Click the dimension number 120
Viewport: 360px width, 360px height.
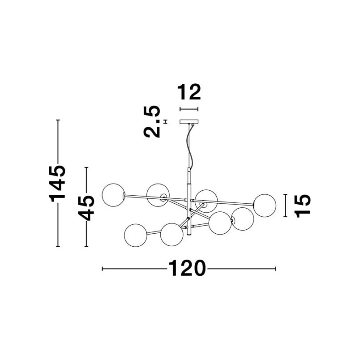pyautogui.click(x=187, y=268)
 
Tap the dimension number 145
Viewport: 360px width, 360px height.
pyautogui.click(x=57, y=184)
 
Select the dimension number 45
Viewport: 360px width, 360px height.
pyautogui.click(x=86, y=208)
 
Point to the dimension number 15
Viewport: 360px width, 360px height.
pyautogui.click(x=302, y=206)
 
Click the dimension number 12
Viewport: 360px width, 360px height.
pyautogui.click(x=189, y=92)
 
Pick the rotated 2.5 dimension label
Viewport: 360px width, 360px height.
pyautogui.click(x=151, y=121)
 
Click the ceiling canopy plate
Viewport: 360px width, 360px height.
pyautogui.click(x=189, y=122)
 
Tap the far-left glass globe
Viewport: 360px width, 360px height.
pyautogui.click(x=113, y=195)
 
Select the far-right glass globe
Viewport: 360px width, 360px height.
pyautogui.click(x=265, y=206)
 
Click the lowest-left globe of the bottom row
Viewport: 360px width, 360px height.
pyautogui.click(x=136, y=236)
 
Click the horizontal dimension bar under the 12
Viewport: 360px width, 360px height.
pyautogui.click(x=189, y=109)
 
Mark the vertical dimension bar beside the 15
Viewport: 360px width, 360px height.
pyautogui.click(x=285, y=206)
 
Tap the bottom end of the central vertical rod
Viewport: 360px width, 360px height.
pyautogui.click(x=189, y=235)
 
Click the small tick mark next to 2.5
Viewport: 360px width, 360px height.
pyautogui.click(x=165, y=121)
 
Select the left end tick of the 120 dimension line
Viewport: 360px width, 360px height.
pyautogui.click(x=103, y=269)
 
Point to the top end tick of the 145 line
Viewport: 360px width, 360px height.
pyautogui.click(x=58, y=120)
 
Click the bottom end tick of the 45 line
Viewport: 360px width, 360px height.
pyautogui.click(x=86, y=247)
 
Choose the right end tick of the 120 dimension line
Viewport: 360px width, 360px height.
pyautogui.click(x=275, y=269)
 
